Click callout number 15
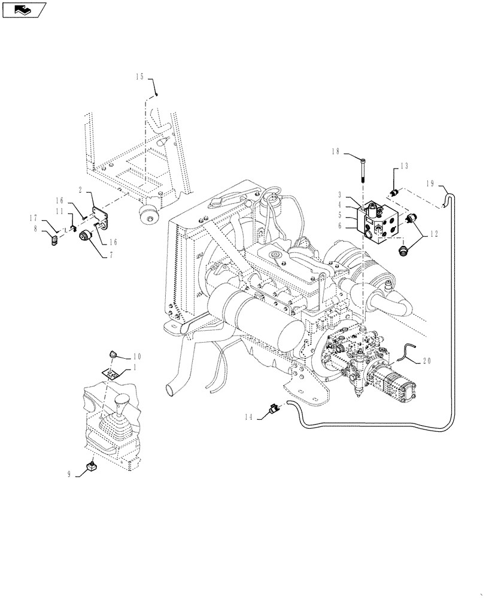click(x=139, y=77)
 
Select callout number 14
click(x=252, y=416)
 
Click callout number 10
click(x=136, y=356)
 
